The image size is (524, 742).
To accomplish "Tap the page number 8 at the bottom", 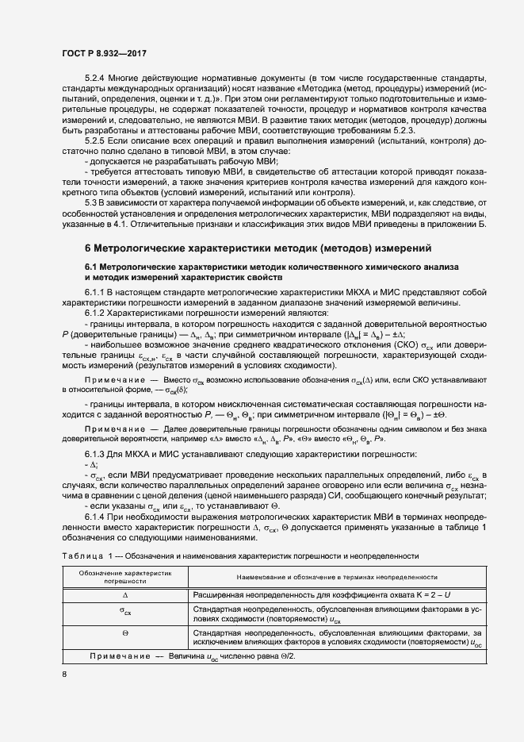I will click(65, 675).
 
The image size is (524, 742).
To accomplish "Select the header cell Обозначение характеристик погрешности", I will click(126, 576).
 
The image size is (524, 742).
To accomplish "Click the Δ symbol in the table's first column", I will click(125, 594).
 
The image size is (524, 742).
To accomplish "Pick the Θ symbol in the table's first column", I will click(125, 632).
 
